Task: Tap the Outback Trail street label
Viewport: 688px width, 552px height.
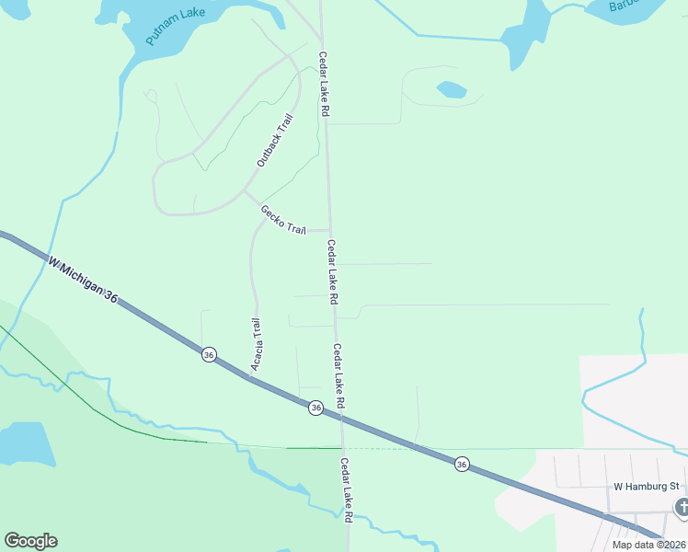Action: pyautogui.click(x=274, y=140)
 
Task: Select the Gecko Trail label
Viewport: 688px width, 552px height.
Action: pyautogui.click(x=282, y=220)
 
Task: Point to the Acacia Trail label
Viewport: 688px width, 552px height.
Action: pyautogui.click(x=258, y=343)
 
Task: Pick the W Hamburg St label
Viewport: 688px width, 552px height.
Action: pyautogui.click(x=646, y=486)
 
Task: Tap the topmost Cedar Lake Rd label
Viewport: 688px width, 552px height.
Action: pyautogui.click(x=324, y=83)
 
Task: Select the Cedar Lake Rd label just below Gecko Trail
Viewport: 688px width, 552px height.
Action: pyautogui.click(x=332, y=272)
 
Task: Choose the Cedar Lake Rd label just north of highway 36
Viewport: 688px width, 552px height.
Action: pyautogui.click(x=338, y=376)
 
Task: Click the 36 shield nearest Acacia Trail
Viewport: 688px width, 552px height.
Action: pyautogui.click(x=209, y=354)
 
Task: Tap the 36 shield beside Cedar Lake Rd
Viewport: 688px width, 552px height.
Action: pyautogui.click(x=315, y=408)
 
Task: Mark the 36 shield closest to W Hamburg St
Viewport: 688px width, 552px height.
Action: pyautogui.click(x=462, y=466)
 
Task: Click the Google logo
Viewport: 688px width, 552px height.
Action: pyautogui.click(x=30, y=541)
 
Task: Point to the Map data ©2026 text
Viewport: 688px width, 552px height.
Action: pyautogui.click(x=648, y=545)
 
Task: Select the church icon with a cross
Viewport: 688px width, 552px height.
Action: pyautogui.click(x=682, y=507)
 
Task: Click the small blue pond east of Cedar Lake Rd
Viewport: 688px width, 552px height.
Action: pyautogui.click(x=451, y=89)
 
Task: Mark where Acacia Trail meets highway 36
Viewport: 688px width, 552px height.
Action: pyautogui.click(x=252, y=376)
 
